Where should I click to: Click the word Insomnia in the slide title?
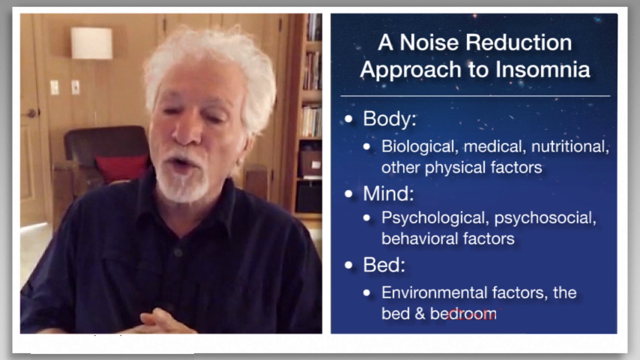pos(543,69)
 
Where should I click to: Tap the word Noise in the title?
pos(429,43)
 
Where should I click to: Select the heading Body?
pos(390,119)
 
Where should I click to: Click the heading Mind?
pos(388,193)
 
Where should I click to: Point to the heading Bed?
pos(384,265)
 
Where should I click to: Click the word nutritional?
pos(570,147)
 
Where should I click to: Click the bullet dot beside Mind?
pos(348,194)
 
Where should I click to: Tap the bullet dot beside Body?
pos(348,119)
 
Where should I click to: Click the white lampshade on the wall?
pos(91,43)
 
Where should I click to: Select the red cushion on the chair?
pos(121,168)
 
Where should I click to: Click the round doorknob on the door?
pos(31,113)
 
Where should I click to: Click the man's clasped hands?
pos(159,322)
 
